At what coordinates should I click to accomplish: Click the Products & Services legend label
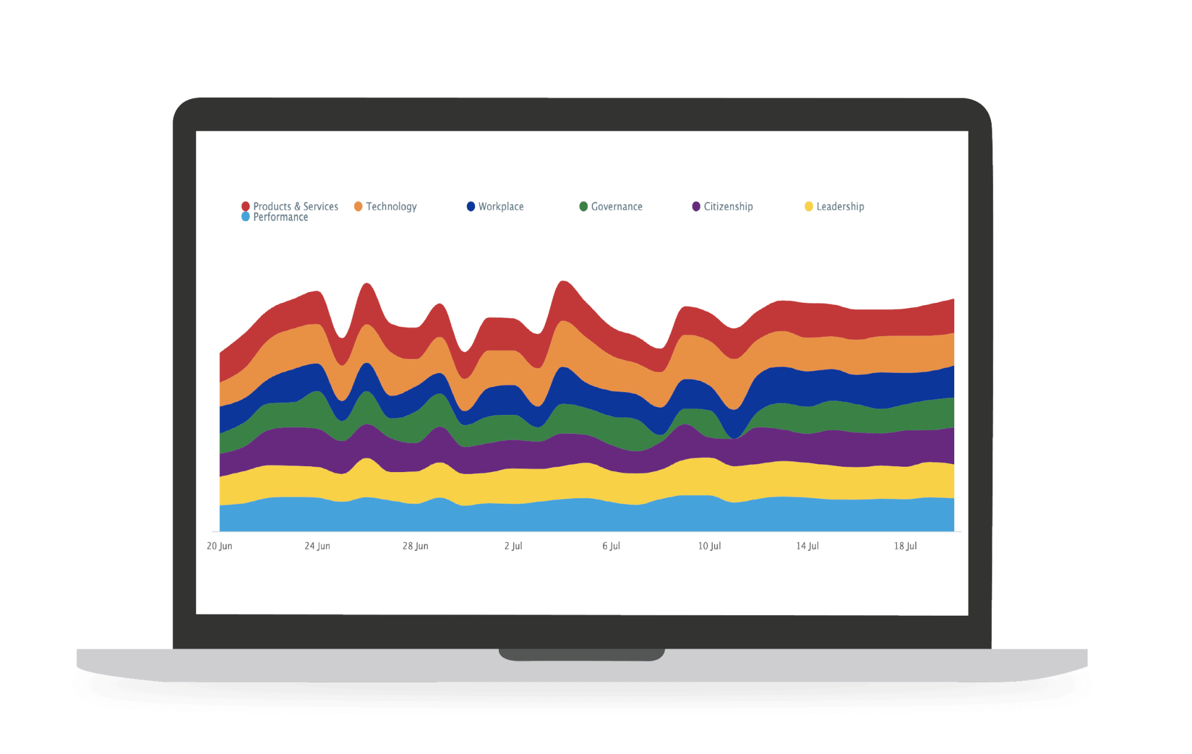click(x=295, y=206)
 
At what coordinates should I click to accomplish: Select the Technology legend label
click(x=391, y=206)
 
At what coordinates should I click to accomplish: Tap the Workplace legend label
click(x=501, y=206)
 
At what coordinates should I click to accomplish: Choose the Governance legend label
click(x=616, y=206)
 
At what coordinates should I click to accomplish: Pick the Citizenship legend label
click(x=728, y=206)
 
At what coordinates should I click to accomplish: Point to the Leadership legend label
click(x=840, y=206)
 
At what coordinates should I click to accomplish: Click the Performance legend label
click(x=280, y=217)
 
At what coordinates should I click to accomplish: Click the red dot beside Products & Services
click(x=245, y=206)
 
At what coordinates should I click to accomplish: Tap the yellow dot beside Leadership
click(x=808, y=206)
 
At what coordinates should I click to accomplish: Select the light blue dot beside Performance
click(x=245, y=217)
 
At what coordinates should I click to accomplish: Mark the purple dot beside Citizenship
click(x=696, y=206)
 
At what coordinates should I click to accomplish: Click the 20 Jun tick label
click(x=219, y=546)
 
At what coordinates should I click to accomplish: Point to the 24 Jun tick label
click(x=317, y=546)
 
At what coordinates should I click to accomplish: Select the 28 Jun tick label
click(x=415, y=546)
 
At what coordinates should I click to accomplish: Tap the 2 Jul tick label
click(x=513, y=546)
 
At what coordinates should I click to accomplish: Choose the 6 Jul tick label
click(x=611, y=546)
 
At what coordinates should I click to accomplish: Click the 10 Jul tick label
click(x=709, y=546)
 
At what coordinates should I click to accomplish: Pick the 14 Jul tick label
click(x=807, y=546)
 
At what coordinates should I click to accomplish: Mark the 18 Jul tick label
click(x=905, y=546)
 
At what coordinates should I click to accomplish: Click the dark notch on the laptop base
click(x=582, y=654)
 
